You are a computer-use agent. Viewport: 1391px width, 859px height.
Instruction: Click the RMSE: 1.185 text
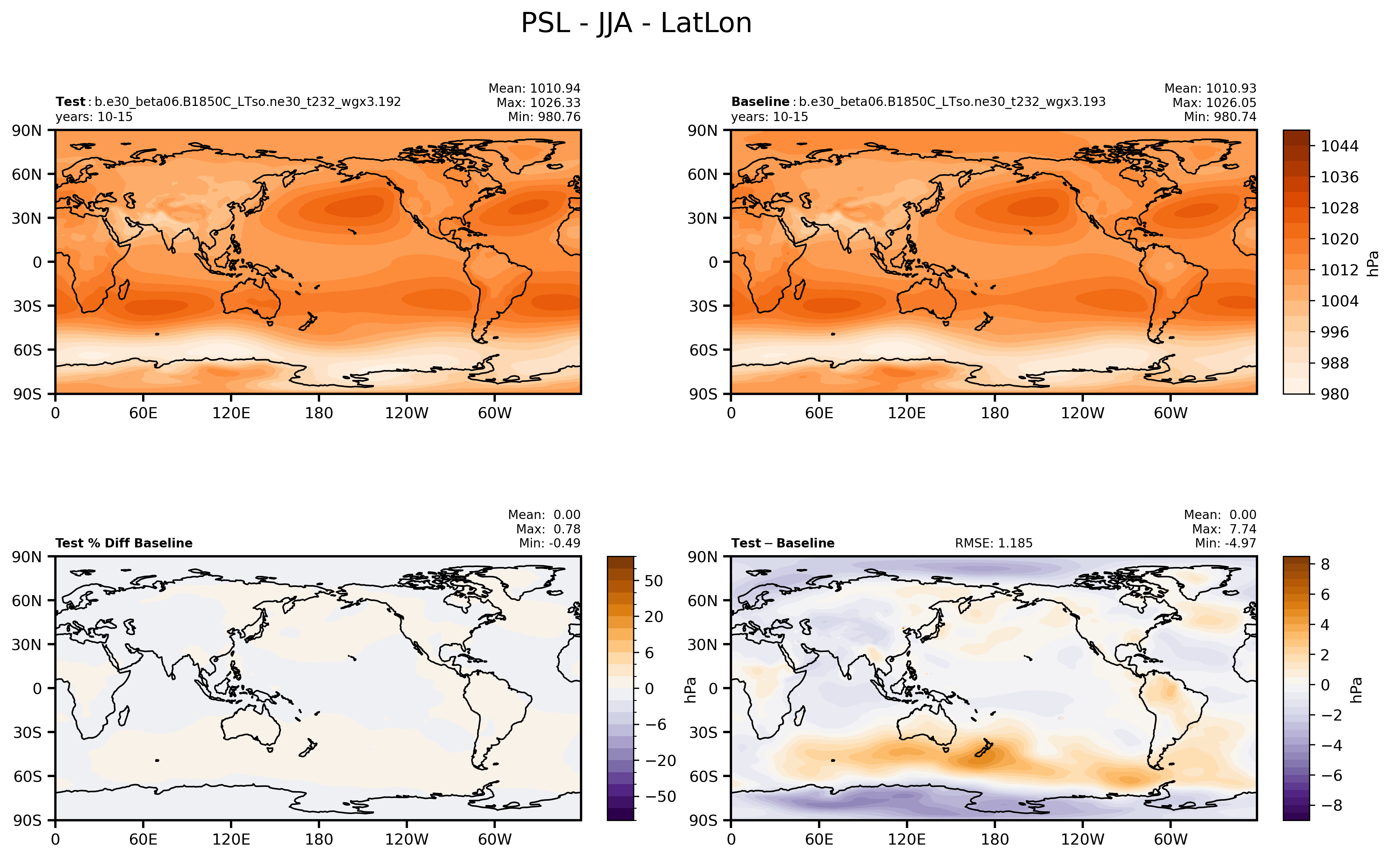993,543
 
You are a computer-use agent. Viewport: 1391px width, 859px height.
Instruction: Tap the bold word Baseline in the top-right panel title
760,102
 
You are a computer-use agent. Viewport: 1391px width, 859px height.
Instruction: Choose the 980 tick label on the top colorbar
1334,394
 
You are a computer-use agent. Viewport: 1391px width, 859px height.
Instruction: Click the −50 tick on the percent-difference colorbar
660,797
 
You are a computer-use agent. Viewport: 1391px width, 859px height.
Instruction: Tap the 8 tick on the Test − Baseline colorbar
1325,564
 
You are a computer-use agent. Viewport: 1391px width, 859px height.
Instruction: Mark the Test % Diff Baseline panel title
124,543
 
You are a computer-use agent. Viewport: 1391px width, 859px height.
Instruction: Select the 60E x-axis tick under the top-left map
143,413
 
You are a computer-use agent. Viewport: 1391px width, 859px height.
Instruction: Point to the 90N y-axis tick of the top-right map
702,131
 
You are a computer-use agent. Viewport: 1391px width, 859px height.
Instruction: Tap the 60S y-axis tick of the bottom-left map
27,776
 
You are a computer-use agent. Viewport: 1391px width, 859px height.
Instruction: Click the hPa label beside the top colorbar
1373,264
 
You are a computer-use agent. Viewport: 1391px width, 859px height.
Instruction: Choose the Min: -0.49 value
549,543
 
